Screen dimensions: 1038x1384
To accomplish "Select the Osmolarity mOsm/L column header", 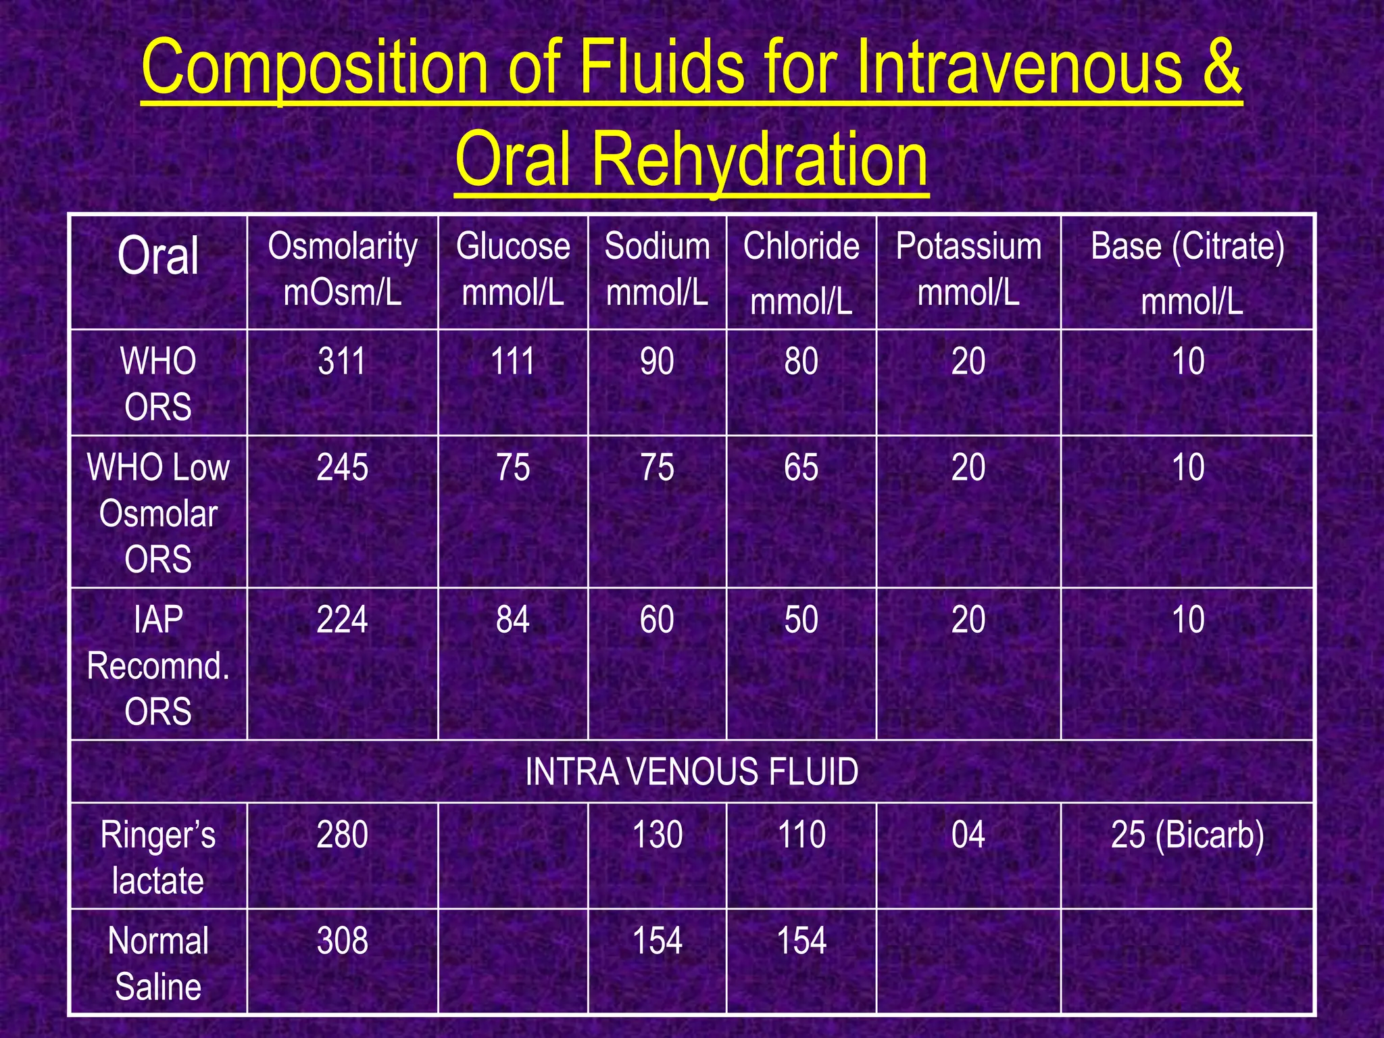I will click(343, 269).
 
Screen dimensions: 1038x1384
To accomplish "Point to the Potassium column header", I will click(968, 269).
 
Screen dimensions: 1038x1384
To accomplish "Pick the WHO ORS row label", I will click(158, 383).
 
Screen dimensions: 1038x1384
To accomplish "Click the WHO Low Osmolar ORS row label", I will click(158, 513).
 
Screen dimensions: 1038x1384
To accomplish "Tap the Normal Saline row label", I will click(158, 963).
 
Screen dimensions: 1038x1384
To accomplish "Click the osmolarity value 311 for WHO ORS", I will click(342, 362).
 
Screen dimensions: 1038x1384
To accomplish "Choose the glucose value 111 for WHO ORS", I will click(513, 362).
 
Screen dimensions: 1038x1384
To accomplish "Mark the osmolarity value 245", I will click(343, 468).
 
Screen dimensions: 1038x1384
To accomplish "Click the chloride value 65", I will click(801, 468).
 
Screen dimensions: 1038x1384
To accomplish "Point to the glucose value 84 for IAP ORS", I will click(513, 620).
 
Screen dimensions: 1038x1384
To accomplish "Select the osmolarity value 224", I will click(343, 620).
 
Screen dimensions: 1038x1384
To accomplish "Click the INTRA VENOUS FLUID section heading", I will click(692, 772).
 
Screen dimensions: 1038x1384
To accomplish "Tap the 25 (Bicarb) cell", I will click(1187, 835).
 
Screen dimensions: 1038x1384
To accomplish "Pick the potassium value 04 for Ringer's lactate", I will click(968, 835).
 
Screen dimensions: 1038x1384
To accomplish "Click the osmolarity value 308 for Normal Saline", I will click(343, 941).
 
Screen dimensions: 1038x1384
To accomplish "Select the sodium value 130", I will click(658, 835).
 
